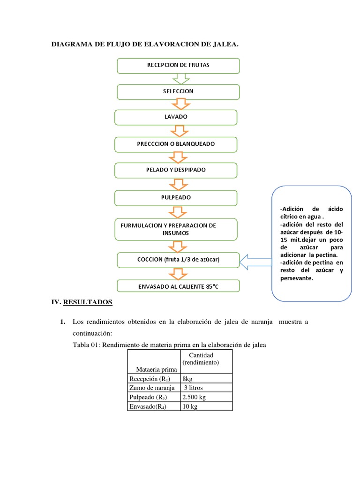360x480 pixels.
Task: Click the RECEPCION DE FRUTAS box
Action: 178,66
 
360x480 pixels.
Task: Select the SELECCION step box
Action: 178,91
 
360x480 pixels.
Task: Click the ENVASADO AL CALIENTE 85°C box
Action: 178,285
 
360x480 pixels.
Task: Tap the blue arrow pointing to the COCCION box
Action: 256,259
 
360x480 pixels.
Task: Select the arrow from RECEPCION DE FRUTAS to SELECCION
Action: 178,79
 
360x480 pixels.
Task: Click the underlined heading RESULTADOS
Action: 88,302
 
